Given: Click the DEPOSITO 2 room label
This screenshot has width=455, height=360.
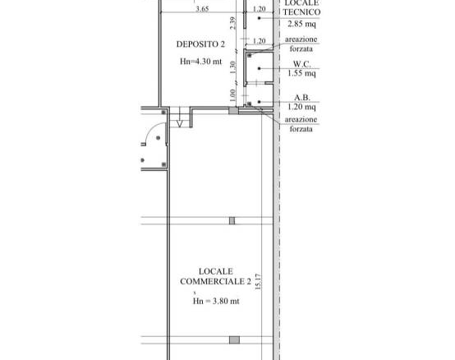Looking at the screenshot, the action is click(x=200, y=44).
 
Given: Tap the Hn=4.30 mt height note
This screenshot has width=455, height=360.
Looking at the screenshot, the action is click(x=200, y=62).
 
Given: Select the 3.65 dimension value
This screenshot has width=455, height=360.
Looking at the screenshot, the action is click(x=202, y=9).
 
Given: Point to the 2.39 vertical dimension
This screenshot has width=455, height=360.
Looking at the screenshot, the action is click(x=232, y=23).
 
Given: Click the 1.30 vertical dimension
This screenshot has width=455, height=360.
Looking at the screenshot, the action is click(x=232, y=67).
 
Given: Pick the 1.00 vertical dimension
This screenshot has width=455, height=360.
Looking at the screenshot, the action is click(x=232, y=95).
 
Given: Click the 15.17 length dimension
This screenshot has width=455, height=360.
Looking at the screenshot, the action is click(x=258, y=282).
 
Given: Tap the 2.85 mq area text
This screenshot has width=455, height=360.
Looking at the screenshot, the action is click(x=301, y=24).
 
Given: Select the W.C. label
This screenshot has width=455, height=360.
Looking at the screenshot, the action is click(x=301, y=63).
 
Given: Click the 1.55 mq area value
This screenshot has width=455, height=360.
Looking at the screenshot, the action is click(x=301, y=73).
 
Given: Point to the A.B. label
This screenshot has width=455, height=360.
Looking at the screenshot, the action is click(x=302, y=97).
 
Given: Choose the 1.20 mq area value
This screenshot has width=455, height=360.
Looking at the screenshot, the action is click(x=301, y=107).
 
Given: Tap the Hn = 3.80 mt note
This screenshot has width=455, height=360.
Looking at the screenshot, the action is click(x=216, y=301).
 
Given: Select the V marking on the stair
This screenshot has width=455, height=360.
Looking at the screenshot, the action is click(x=180, y=124).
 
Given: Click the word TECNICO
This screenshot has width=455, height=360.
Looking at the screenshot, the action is click(x=301, y=12).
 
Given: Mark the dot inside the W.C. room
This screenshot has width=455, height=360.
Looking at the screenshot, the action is click(x=260, y=68).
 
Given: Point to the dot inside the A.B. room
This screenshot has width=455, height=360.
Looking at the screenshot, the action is click(x=260, y=102).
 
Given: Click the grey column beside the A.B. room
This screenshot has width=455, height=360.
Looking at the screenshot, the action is click(x=233, y=110).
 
